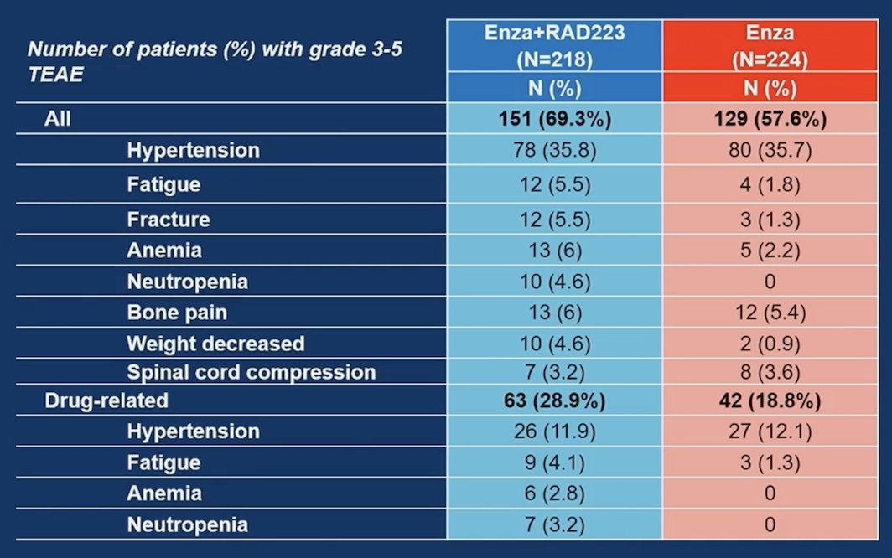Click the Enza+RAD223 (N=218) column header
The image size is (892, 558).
[555, 46]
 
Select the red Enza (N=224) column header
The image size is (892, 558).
[770, 46]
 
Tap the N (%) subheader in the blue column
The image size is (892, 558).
[555, 88]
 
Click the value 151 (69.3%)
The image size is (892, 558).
[555, 119]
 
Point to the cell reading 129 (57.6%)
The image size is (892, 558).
[770, 119]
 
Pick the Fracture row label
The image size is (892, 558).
[169, 220]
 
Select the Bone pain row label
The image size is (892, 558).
[177, 313]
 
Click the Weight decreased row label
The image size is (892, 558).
[215, 344]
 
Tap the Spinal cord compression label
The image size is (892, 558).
[251, 372]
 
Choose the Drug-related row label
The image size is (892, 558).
[106, 400]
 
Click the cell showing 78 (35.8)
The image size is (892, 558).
[555, 150]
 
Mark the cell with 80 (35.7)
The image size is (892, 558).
[770, 150]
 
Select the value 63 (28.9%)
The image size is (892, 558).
[555, 400]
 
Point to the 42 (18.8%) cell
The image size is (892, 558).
[770, 400]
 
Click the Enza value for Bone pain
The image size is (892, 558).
[770, 313]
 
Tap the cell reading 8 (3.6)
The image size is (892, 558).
[770, 372]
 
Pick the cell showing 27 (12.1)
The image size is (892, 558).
[770, 431]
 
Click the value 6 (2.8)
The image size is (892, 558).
[555, 493]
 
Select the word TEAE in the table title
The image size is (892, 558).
[55, 75]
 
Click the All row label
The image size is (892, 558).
[58, 119]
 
